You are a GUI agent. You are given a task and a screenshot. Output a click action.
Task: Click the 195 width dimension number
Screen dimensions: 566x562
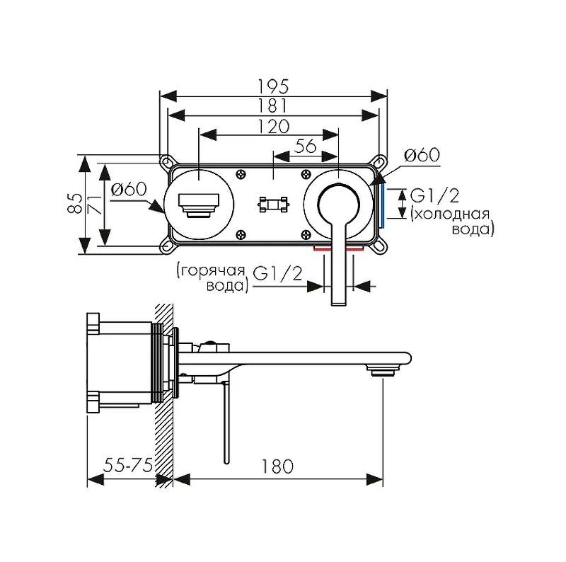[273, 86]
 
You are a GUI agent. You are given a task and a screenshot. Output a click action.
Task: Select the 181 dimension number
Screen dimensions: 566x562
[273, 106]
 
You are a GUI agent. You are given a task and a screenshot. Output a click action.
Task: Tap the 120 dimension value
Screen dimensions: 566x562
[273, 127]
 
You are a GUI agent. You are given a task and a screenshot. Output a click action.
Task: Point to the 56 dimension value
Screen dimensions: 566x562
[306, 146]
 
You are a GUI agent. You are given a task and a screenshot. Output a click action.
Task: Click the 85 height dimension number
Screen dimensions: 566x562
[75, 204]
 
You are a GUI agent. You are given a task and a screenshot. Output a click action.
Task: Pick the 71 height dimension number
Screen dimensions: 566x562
[95, 205]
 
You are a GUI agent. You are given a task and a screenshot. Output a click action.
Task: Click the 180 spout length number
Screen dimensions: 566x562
[277, 466]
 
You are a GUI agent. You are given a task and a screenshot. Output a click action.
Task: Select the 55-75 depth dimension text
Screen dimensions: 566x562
[128, 465]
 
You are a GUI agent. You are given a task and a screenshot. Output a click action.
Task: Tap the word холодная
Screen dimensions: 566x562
[451, 214]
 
